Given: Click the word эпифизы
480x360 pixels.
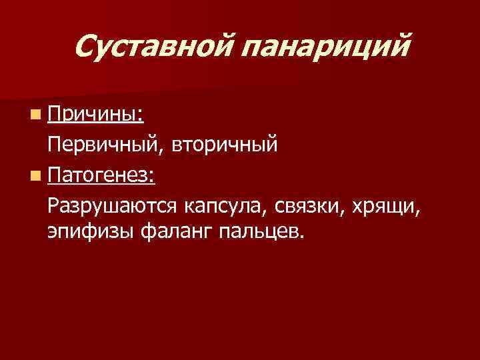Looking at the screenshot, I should (90, 233).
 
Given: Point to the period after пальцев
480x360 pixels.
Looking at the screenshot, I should (300, 238).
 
